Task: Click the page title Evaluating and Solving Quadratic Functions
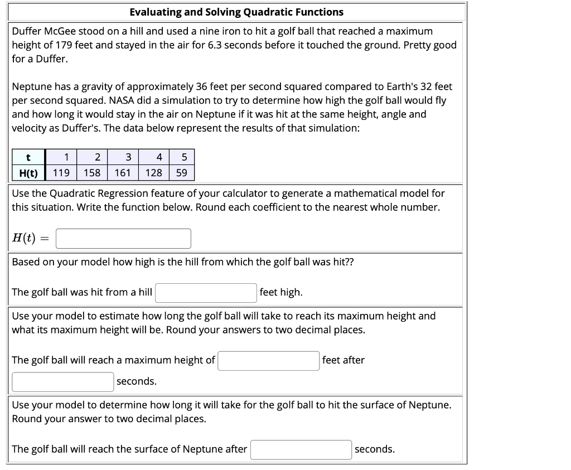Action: pyautogui.click(x=236, y=12)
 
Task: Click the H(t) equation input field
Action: pyautogui.click(x=123, y=239)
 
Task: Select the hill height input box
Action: pyautogui.click(x=206, y=293)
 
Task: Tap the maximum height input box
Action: pyautogui.click(x=269, y=361)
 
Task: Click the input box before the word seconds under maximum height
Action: pyautogui.click(x=63, y=382)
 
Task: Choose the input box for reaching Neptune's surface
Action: pyautogui.click(x=301, y=450)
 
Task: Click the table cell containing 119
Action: pyautogui.click(x=61, y=173)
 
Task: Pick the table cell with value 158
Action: pyautogui.click(x=92, y=173)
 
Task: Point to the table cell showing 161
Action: pyautogui.click(x=123, y=173)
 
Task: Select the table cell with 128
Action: pyautogui.click(x=153, y=173)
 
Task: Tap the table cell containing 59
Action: pyautogui.click(x=182, y=173)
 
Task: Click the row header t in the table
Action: pyautogui.click(x=28, y=157)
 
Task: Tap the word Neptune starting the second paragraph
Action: pyautogui.click(x=31, y=86)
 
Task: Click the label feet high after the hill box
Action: pyautogui.click(x=281, y=292)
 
